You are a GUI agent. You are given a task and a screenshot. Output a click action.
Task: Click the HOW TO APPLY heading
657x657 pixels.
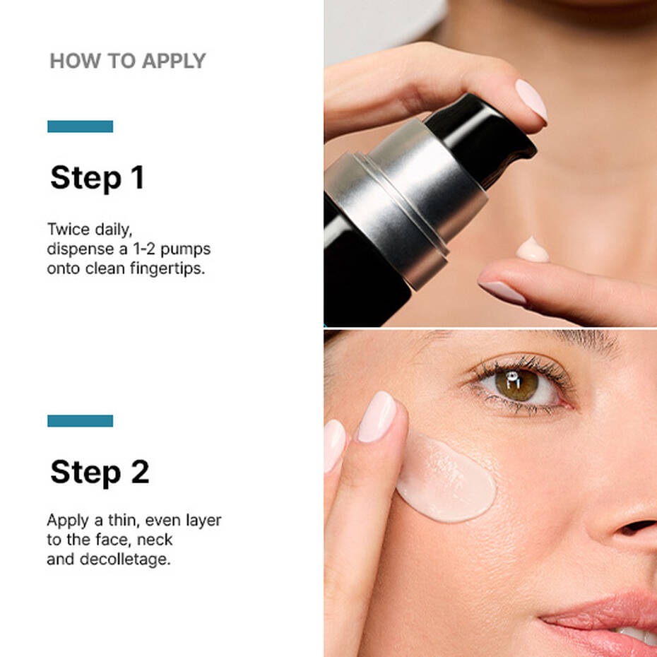(127, 61)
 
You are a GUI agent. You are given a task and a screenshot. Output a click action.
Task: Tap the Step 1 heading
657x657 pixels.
(97, 177)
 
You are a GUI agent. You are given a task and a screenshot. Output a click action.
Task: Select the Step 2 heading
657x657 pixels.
(100, 472)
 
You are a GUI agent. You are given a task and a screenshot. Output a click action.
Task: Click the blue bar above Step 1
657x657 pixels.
(80, 126)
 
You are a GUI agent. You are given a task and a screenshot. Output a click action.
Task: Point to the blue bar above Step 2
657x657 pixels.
(80, 420)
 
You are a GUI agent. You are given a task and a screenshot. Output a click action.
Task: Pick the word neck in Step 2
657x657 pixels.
(154, 540)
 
